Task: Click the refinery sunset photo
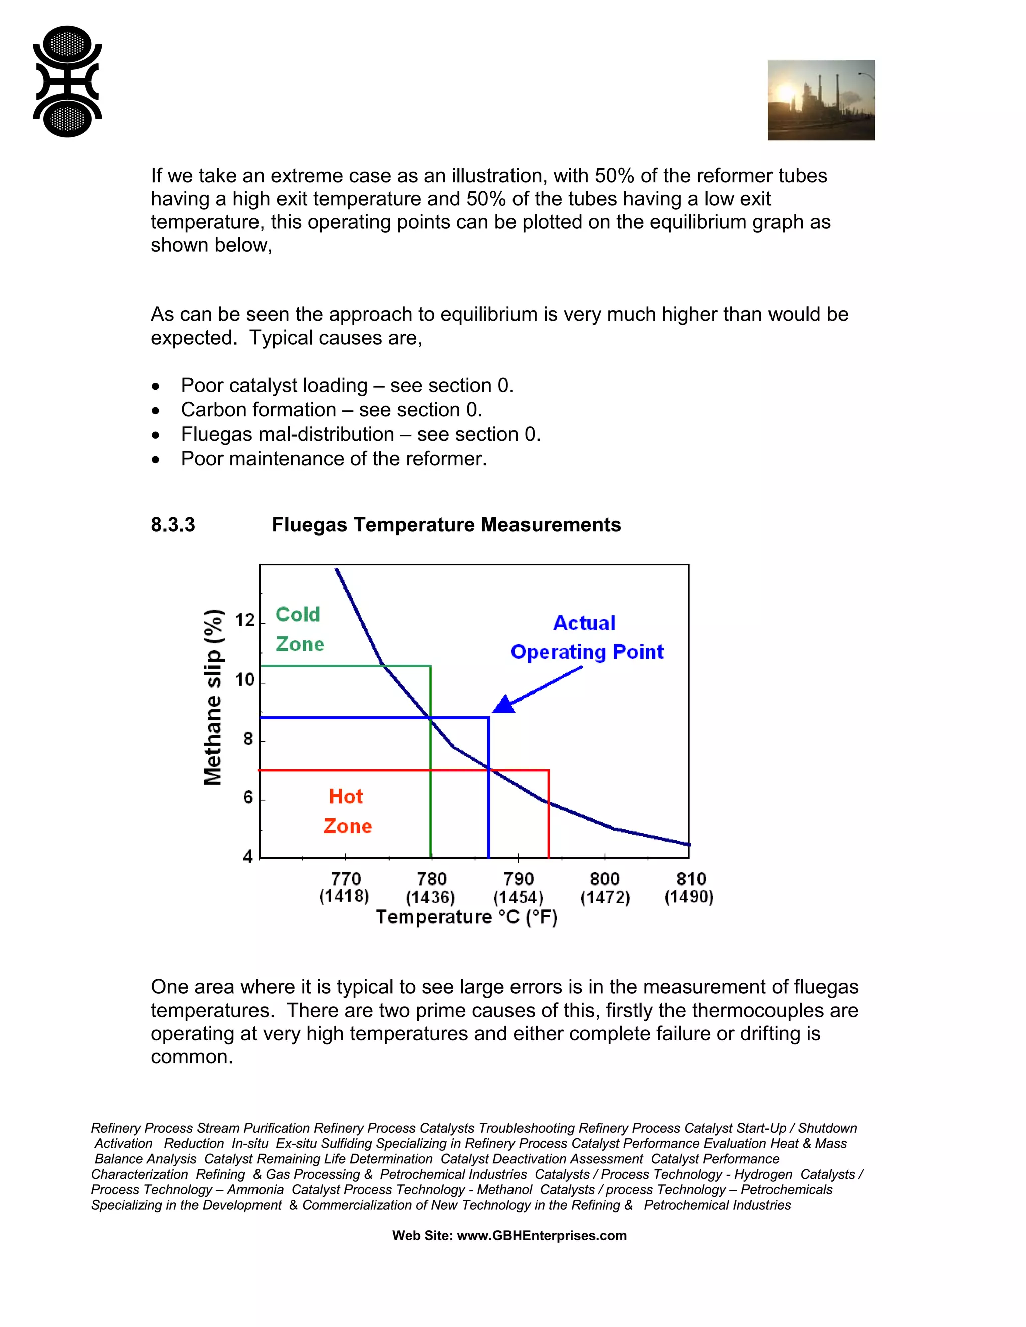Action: click(x=821, y=100)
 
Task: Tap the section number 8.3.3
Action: click(x=173, y=525)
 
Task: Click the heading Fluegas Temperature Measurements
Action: click(x=446, y=525)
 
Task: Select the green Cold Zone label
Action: click(x=299, y=629)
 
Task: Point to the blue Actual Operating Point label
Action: click(x=586, y=637)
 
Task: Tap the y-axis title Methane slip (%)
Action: click(x=213, y=697)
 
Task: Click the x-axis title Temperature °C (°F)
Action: click(x=466, y=917)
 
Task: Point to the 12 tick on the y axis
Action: click(x=245, y=620)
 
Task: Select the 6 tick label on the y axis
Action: click(x=248, y=797)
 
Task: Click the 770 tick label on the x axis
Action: click(x=345, y=879)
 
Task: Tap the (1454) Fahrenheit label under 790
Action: click(x=518, y=897)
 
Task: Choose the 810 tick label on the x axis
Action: click(x=691, y=879)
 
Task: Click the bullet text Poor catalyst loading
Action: click(x=347, y=385)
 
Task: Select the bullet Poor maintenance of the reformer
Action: click(x=334, y=458)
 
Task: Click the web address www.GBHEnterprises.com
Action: click(x=542, y=1235)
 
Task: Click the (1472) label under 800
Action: click(x=605, y=897)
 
